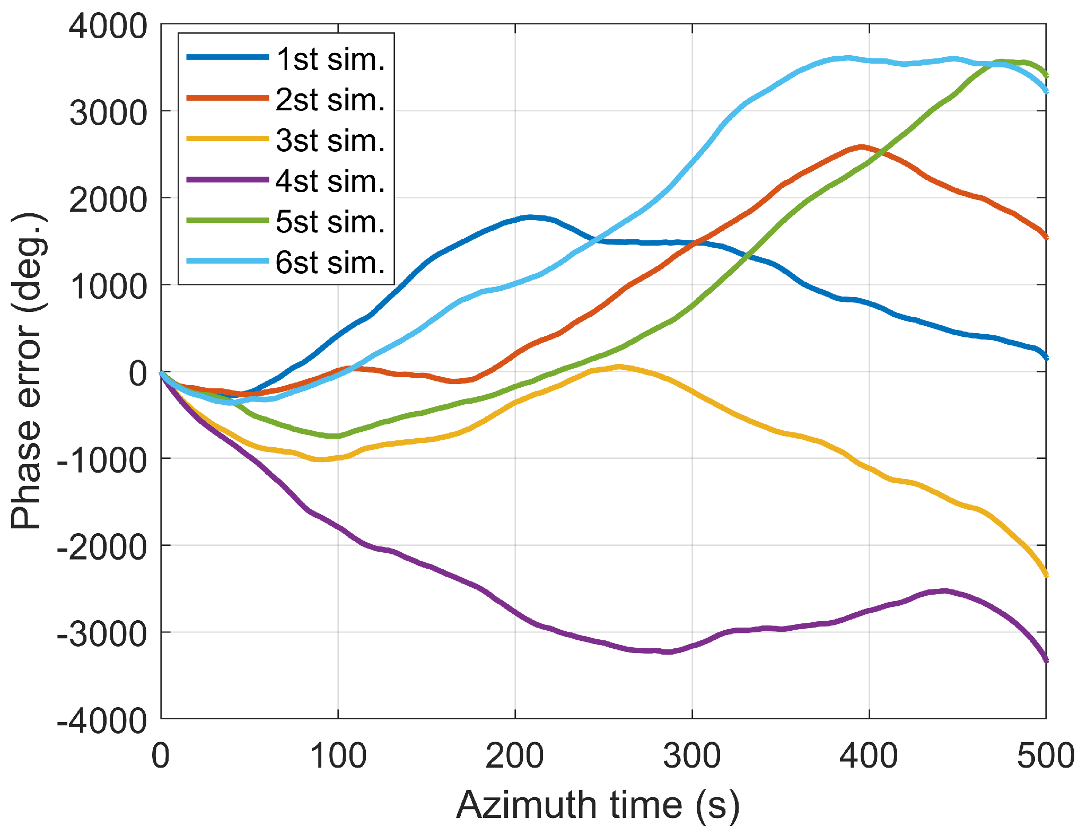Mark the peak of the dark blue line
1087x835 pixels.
pos(530,217)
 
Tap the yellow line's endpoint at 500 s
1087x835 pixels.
pos(1045,575)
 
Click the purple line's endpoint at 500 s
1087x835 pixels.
pos(1045,660)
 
